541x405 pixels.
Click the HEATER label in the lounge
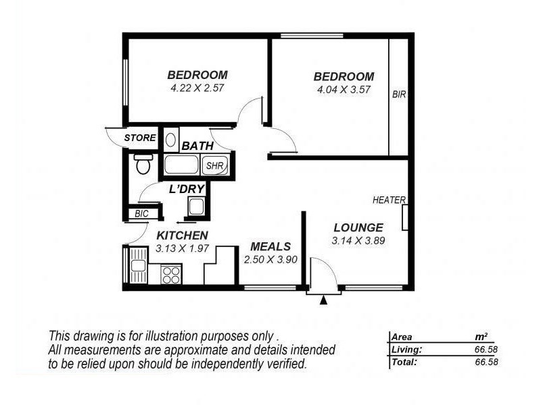point(389,200)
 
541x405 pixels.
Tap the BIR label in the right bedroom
point(399,95)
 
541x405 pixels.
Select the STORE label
point(140,138)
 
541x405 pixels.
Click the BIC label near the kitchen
point(141,213)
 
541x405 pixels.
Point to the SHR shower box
point(215,165)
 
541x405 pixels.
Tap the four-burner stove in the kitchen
point(171,275)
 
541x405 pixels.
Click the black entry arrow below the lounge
point(323,300)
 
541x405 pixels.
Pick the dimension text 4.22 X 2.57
point(197,88)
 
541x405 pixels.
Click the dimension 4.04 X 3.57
point(344,89)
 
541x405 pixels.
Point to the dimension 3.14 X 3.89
point(358,240)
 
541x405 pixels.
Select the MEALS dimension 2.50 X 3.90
point(270,259)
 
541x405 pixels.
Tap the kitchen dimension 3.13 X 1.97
point(183,248)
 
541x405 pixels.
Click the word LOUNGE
point(358,227)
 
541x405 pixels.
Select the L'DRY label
point(187,189)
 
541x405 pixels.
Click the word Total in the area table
point(404,362)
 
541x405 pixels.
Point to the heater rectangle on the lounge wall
point(404,217)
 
